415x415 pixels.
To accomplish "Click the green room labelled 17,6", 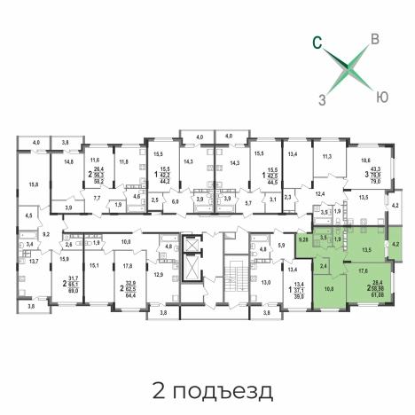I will point(361,273).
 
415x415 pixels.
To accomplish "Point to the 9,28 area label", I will point(303,239).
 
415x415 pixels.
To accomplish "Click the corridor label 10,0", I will point(126,242).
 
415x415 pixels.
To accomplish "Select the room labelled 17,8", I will point(128,265).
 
